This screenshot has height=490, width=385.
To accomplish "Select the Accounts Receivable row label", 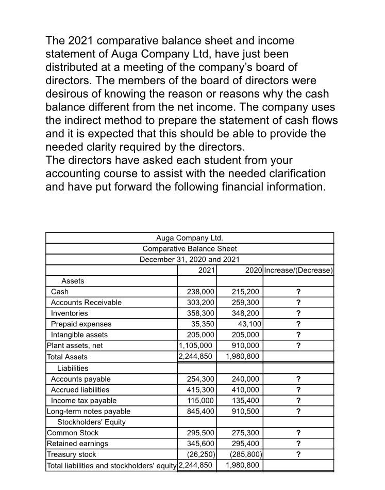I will pos(86,303).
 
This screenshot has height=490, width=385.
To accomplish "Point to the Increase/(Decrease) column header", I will pos(298,271).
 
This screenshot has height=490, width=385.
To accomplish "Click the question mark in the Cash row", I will pos(298,292).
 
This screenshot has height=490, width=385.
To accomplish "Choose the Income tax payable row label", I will pos(83,401).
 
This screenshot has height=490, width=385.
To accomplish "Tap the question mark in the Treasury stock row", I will pos(298,455).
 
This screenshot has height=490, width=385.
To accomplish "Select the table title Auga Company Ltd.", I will pos(190,238).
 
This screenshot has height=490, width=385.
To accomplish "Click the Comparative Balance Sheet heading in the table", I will pos(190,249).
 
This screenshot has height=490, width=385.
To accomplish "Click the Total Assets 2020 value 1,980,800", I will pos(243,357).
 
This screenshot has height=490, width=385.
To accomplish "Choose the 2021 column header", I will pos(207,271).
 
